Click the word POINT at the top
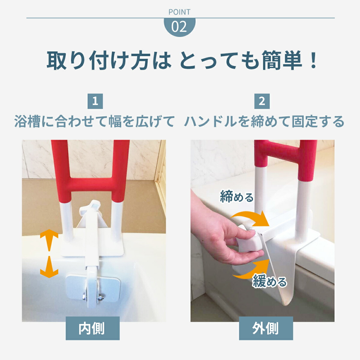click(x=179, y=12)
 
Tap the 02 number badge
click(x=179, y=27)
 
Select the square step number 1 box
click(x=95, y=101)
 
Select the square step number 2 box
click(x=262, y=101)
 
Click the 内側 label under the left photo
click(x=92, y=328)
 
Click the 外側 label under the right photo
click(x=266, y=328)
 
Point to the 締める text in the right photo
click(x=237, y=197)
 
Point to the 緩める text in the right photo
click(x=269, y=281)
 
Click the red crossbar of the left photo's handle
click(x=90, y=184)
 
